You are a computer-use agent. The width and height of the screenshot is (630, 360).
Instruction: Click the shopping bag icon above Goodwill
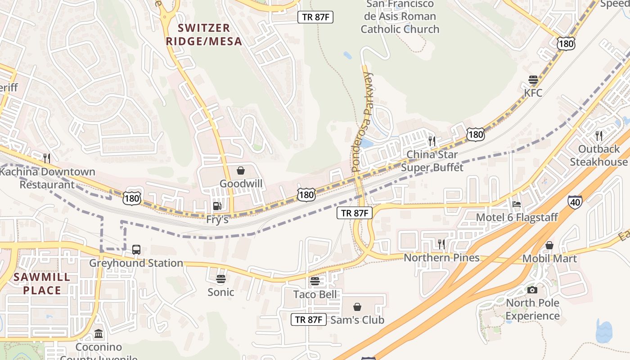coord(241,171)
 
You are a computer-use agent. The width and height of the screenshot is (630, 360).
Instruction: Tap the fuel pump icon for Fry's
coord(217,206)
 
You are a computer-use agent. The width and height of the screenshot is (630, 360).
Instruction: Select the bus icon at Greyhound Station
coord(136,249)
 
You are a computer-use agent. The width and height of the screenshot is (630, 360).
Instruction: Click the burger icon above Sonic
coord(220,279)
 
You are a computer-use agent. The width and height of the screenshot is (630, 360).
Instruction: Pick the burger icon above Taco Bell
coord(315,282)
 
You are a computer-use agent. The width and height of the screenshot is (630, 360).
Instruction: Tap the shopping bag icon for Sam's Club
coord(357,307)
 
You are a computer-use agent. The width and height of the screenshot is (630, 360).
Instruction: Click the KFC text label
coord(533,93)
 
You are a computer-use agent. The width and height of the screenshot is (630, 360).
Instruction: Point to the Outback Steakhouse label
coord(598,155)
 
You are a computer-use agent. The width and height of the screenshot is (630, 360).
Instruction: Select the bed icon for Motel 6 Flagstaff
coord(517,204)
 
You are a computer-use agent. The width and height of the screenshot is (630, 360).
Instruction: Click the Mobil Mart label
coord(549,259)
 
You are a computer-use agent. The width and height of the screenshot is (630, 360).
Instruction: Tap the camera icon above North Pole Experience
coord(532,290)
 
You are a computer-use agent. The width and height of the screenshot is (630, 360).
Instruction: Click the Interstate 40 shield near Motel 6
coord(574,202)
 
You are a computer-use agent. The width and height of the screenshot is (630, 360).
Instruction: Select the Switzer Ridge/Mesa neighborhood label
coord(204,35)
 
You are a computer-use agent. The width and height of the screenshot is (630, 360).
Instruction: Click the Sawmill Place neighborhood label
coord(42,283)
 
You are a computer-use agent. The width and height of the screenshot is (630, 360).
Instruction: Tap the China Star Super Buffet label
coord(432,161)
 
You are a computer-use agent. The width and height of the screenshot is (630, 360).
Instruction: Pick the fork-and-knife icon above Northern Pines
coord(441,244)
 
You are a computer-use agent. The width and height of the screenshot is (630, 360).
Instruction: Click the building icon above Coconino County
coord(99,334)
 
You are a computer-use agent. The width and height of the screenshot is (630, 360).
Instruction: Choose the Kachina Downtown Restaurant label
coord(47,178)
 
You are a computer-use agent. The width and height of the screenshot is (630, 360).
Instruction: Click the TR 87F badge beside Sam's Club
coord(308,319)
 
